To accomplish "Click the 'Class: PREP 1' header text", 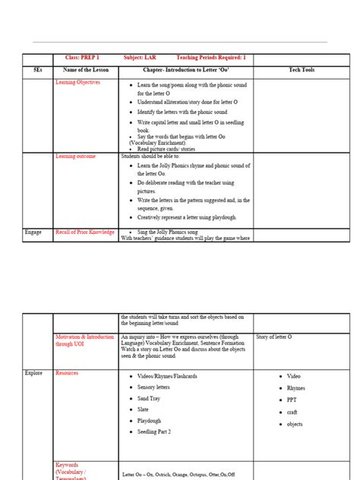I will click(78, 58).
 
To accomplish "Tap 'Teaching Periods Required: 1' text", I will click(211, 58).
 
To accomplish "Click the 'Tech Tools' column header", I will click(302, 70).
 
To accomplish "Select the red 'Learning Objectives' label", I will click(77, 82).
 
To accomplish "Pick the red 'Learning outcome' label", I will click(76, 156).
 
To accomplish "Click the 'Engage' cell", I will click(33, 231).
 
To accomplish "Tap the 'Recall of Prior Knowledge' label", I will click(85, 231).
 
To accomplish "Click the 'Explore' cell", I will click(34, 373).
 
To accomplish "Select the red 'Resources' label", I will click(67, 373).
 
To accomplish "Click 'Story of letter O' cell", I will click(274, 336).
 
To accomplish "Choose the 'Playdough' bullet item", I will click(152, 420).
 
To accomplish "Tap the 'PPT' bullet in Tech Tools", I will click(292, 399).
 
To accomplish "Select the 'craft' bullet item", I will click(293, 412).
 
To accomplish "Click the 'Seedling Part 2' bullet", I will click(154, 431).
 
